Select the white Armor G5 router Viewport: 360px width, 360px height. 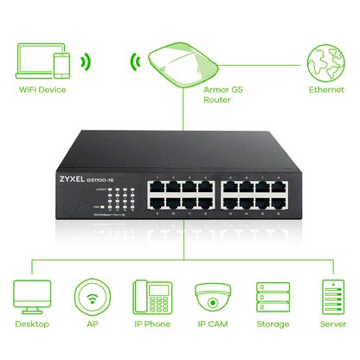181,63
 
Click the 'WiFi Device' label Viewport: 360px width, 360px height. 42,89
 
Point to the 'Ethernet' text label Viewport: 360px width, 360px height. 325,89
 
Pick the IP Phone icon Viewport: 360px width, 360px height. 151,299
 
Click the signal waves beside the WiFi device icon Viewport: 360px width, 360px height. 85,62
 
